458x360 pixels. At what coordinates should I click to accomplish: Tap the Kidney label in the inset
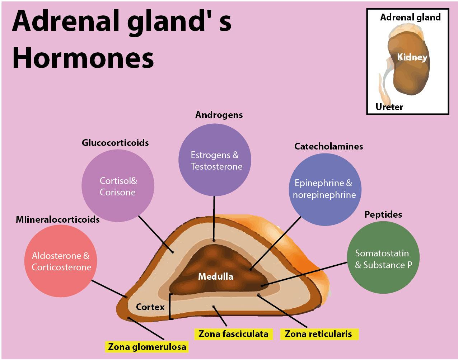coord(412,57)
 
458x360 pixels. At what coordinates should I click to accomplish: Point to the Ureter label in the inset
coord(389,107)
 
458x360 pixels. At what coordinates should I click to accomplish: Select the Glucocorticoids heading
coord(115,143)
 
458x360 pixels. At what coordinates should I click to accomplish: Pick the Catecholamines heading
coord(328,146)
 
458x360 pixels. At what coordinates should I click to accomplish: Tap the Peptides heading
coord(383,214)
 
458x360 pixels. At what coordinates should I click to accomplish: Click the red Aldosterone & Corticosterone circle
coord(61,261)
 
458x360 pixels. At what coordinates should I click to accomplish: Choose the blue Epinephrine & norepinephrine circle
coord(324,189)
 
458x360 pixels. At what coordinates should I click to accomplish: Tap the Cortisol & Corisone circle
coord(118,186)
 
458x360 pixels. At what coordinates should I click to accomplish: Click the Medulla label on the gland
coord(215,276)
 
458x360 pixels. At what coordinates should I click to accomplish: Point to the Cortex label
coord(150,307)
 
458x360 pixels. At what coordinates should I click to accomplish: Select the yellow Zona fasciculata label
coord(233,334)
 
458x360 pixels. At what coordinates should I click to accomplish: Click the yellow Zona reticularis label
coord(319,334)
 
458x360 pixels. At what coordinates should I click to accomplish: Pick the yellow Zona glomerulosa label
coord(147,347)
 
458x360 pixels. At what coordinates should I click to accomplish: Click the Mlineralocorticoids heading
coord(57,219)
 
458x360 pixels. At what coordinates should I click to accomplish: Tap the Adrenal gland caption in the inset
coord(410,17)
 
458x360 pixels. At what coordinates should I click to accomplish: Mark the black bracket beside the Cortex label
coord(170,307)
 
